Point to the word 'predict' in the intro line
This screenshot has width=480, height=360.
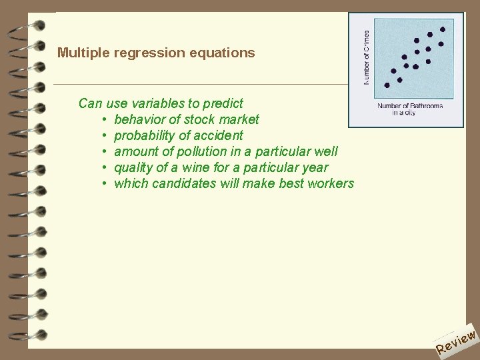pos(223,103)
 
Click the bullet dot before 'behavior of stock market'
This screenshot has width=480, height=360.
pos(105,120)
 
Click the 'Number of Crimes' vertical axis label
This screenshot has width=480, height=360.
pos(366,57)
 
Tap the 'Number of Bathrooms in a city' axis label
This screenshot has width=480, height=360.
pos(409,109)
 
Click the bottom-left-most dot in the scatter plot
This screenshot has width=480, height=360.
pos(387,85)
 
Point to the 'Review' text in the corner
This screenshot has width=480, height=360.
pos(456,341)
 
